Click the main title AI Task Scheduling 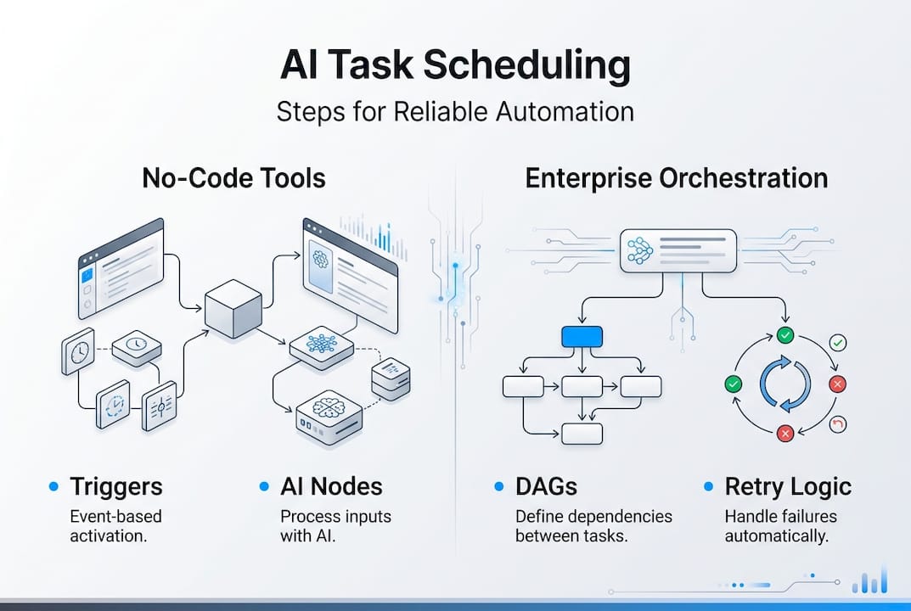point(455,68)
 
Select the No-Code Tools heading point(233,179)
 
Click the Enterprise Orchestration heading point(676,179)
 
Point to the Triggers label point(115,486)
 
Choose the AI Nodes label point(331,486)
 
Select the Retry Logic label point(788,486)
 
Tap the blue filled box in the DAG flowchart point(582,336)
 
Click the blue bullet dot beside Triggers point(53,486)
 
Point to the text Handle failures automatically point(780,526)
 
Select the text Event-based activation point(115,526)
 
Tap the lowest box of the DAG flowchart point(582,433)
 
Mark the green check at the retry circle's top point(785,336)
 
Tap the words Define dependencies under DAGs point(593,516)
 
